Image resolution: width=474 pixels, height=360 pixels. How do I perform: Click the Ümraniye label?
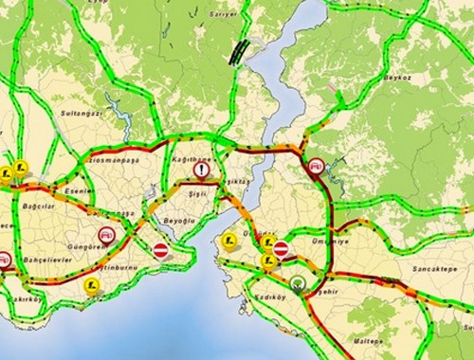click(x=322, y=241)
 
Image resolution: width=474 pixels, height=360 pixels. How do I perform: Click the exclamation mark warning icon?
click(x=203, y=171)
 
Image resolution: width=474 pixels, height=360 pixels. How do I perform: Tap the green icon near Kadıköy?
click(x=299, y=282)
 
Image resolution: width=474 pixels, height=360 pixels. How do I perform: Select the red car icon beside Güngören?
click(x=106, y=234)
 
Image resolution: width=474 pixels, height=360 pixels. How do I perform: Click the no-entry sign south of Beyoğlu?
click(x=161, y=249)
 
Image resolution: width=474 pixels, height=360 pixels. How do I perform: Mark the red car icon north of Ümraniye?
click(x=316, y=167)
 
